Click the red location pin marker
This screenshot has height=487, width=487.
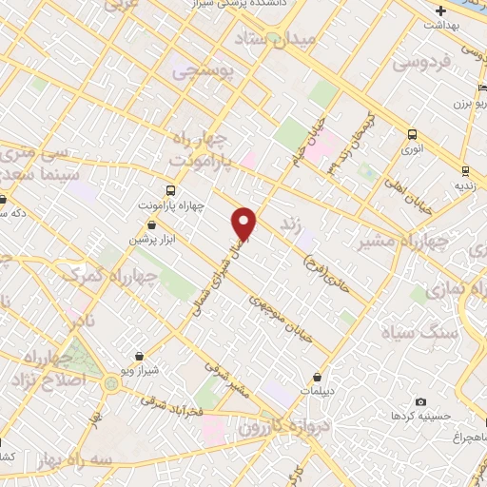click(245, 224)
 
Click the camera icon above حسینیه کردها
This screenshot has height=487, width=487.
click(421, 401)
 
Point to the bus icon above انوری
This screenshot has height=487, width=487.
click(413, 134)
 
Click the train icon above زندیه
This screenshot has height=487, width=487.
click(463, 171)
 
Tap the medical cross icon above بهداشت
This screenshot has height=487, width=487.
click(439, 11)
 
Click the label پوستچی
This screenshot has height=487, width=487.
click(202, 69)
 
